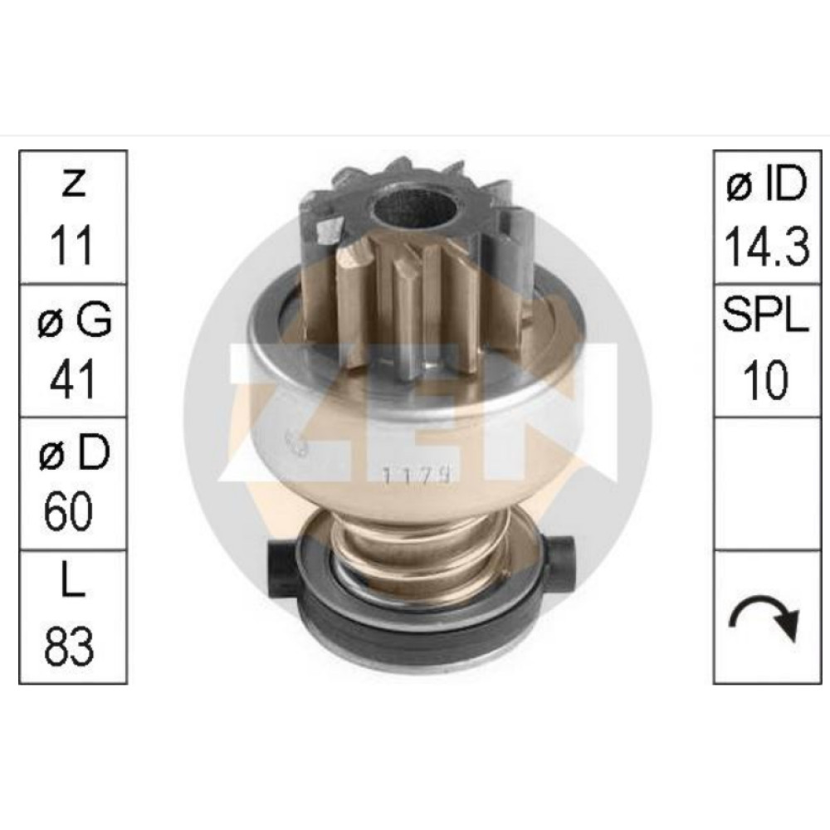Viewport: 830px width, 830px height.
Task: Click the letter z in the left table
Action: pyautogui.click(x=73, y=183)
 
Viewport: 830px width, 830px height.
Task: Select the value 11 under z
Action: pyautogui.click(x=72, y=245)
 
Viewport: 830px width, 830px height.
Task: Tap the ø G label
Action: pyautogui.click(x=75, y=320)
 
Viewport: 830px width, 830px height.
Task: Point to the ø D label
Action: pyautogui.click(x=74, y=452)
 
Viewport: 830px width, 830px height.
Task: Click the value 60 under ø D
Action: pyautogui.click(x=69, y=511)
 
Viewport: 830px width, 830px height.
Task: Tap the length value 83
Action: pyautogui.click(x=69, y=646)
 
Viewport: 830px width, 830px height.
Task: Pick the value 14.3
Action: pyautogui.click(x=767, y=246)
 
